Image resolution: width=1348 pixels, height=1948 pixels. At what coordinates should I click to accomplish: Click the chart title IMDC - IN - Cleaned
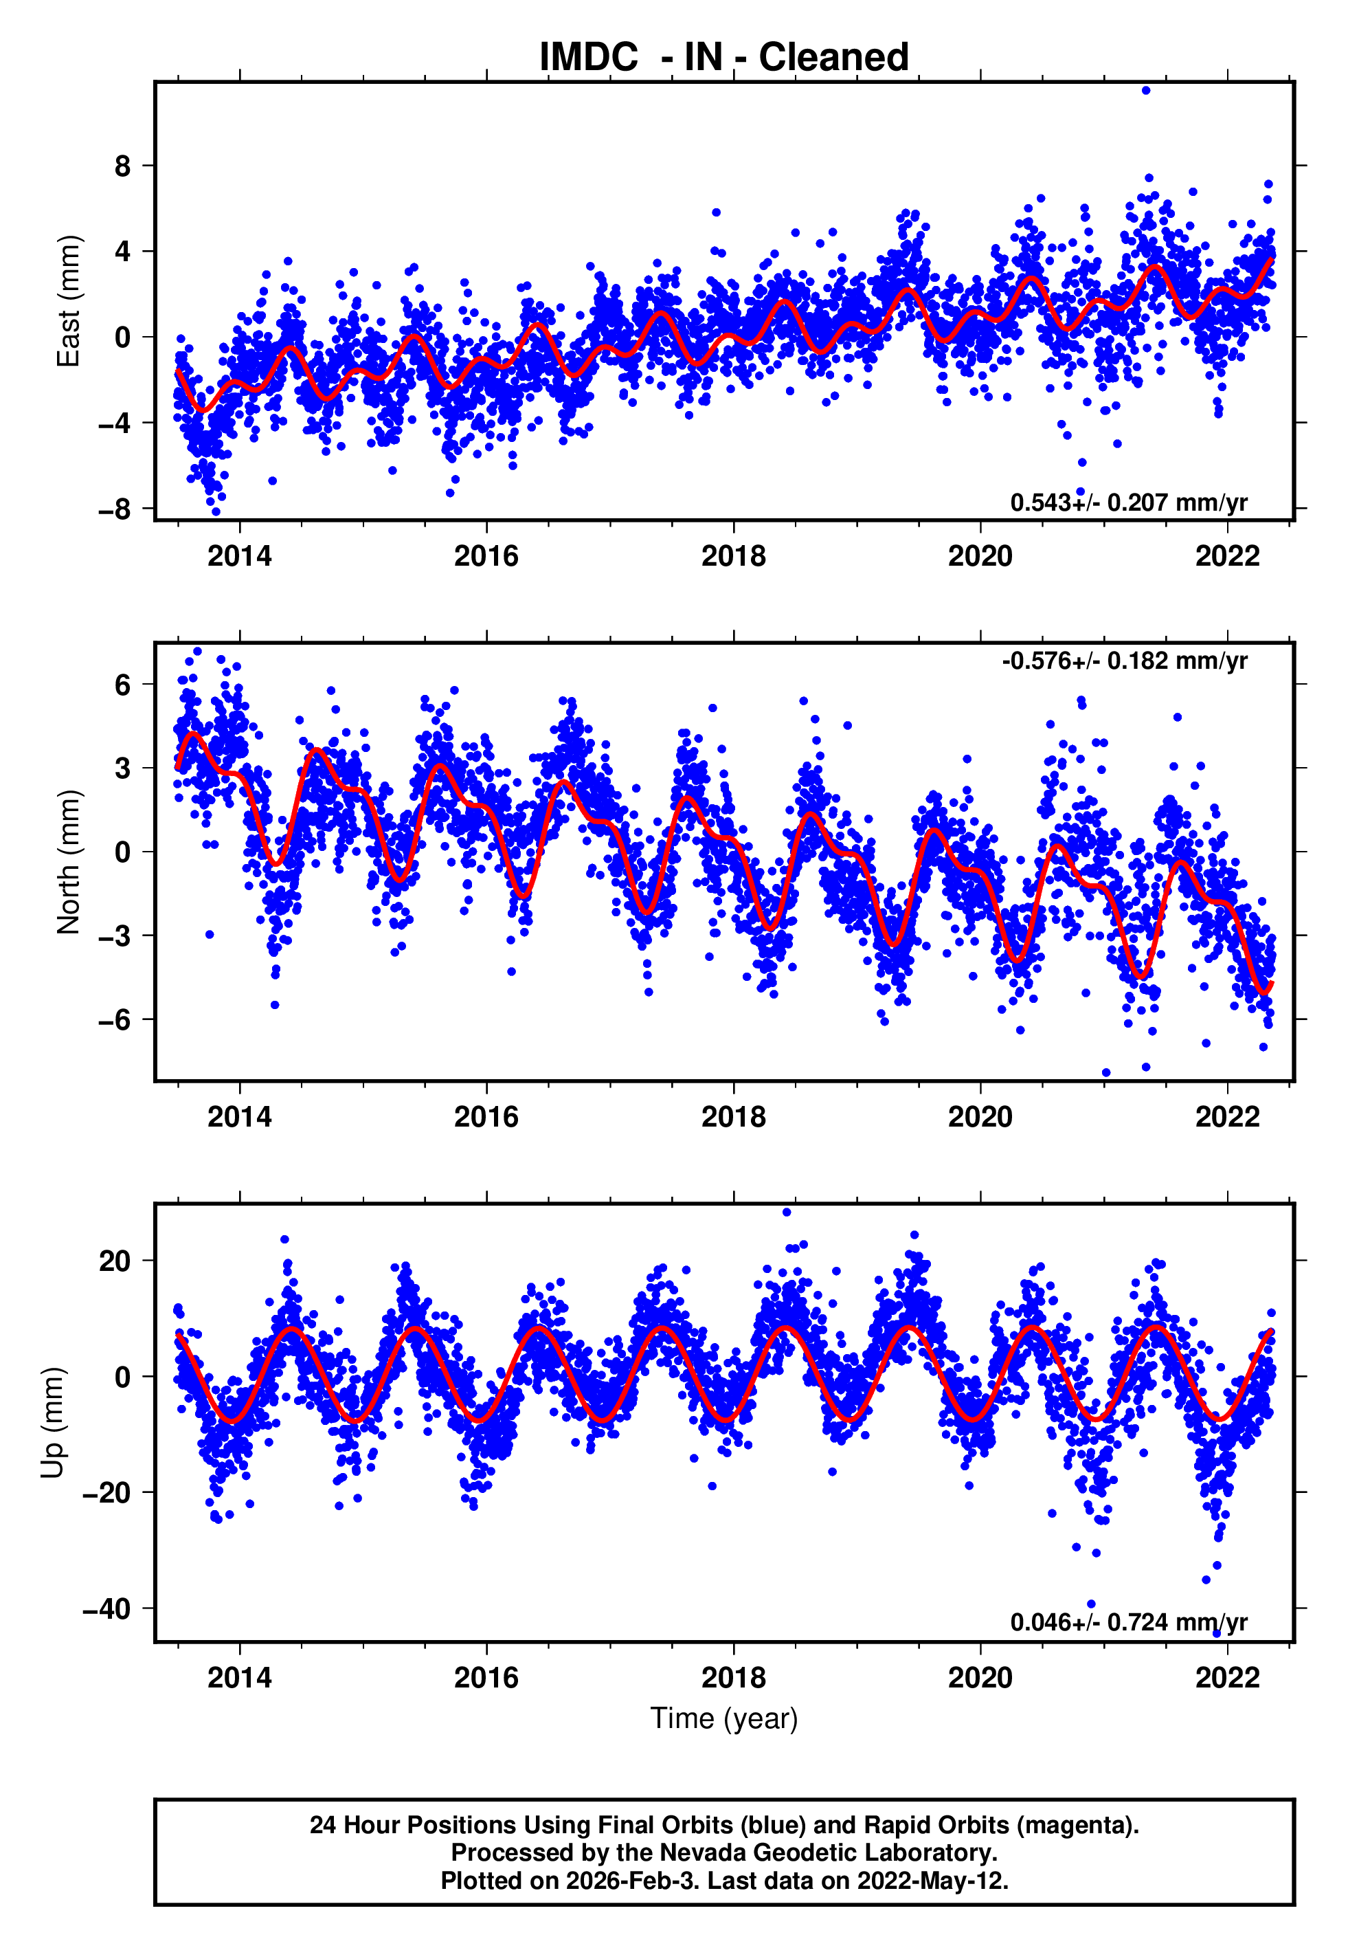pyautogui.click(x=724, y=58)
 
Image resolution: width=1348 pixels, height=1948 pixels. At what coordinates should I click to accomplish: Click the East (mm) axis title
pyautogui.click(x=69, y=302)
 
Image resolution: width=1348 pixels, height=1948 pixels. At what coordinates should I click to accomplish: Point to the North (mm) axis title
pyautogui.click(x=69, y=862)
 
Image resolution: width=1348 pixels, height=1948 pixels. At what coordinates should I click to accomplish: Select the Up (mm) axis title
pyautogui.click(x=52, y=1423)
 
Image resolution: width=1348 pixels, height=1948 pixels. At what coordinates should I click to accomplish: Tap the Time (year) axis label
pyautogui.click(x=724, y=1719)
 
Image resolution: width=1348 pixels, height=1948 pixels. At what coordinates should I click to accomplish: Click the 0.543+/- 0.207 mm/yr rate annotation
pyautogui.click(x=1128, y=502)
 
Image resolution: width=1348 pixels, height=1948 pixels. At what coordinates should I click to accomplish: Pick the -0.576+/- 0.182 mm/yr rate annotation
pyautogui.click(x=1124, y=661)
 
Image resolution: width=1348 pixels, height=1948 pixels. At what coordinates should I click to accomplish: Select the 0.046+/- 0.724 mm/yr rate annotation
pyautogui.click(x=1128, y=1622)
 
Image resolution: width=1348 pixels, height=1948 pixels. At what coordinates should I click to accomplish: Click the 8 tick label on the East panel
pyautogui.click(x=123, y=166)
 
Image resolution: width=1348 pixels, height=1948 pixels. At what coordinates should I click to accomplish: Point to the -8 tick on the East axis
pyautogui.click(x=115, y=509)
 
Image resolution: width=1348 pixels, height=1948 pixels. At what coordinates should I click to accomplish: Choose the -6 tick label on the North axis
pyautogui.click(x=115, y=1019)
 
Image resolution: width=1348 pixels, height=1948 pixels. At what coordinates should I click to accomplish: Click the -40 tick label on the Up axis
pyautogui.click(x=107, y=1609)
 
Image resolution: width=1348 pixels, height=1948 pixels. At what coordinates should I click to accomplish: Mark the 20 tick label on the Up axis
pyautogui.click(x=115, y=1261)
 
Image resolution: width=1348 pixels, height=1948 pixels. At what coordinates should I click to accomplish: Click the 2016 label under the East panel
pyautogui.click(x=486, y=556)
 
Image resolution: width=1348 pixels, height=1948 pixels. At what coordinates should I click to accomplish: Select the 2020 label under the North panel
pyautogui.click(x=980, y=1117)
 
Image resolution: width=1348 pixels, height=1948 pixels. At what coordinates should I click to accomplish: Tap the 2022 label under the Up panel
pyautogui.click(x=1227, y=1678)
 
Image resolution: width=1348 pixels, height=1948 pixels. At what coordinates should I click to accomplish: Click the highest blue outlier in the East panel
pyautogui.click(x=1146, y=90)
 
